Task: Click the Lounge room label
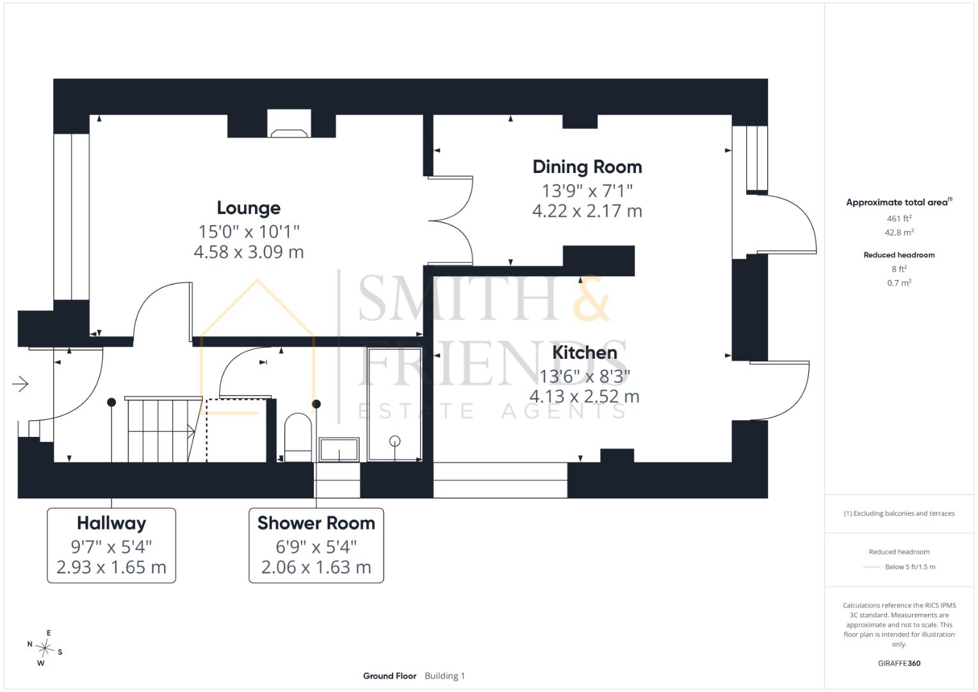click(x=249, y=208)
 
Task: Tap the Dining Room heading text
click(x=587, y=167)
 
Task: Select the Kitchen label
click(x=585, y=352)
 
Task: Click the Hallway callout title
click(x=111, y=523)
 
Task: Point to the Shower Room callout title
click(x=316, y=523)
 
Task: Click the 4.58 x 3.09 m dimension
click(x=249, y=252)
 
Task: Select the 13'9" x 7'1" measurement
click(x=587, y=191)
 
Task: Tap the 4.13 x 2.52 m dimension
click(x=585, y=397)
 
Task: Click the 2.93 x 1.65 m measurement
click(x=111, y=567)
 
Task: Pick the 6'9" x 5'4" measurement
click(x=316, y=547)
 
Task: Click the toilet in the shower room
click(x=298, y=437)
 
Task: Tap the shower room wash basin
click(x=339, y=450)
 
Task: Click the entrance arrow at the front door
click(x=20, y=384)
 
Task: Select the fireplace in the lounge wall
click(x=289, y=124)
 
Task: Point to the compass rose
click(x=45, y=648)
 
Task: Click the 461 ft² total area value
click(x=899, y=218)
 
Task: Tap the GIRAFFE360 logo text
click(x=899, y=663)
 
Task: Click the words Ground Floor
click(x=389, y=676)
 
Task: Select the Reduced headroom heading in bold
click(x=899, y=255)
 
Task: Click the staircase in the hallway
click(x=164, y=429)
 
